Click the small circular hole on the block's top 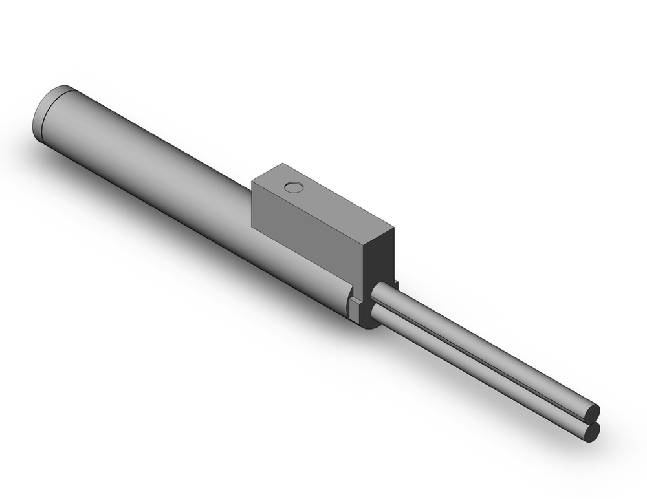click(294, 187)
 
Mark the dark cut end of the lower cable click(591, 432)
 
